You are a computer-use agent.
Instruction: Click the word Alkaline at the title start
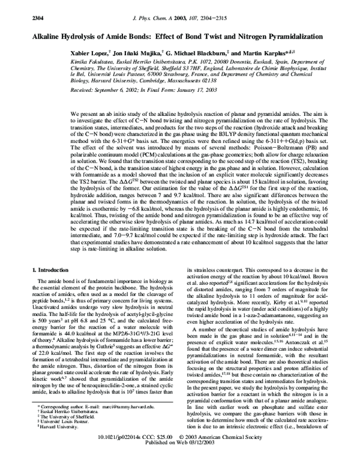click(x=41, y=36)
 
